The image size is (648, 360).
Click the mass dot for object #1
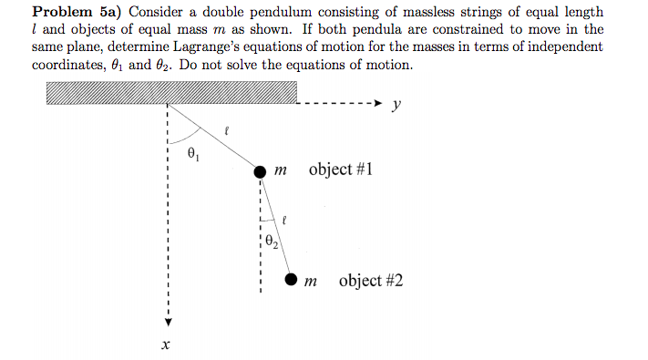click(x=261, y=171)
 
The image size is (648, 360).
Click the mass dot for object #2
click(x=291, y=280)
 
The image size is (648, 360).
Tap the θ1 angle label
click(x=191, y=152)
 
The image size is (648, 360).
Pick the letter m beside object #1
click(x=283, y=171)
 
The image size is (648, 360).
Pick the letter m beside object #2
click(x=313, y=282)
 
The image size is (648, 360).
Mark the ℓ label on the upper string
click(x=228, y=134)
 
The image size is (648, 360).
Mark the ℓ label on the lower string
click(x=285, y=220)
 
